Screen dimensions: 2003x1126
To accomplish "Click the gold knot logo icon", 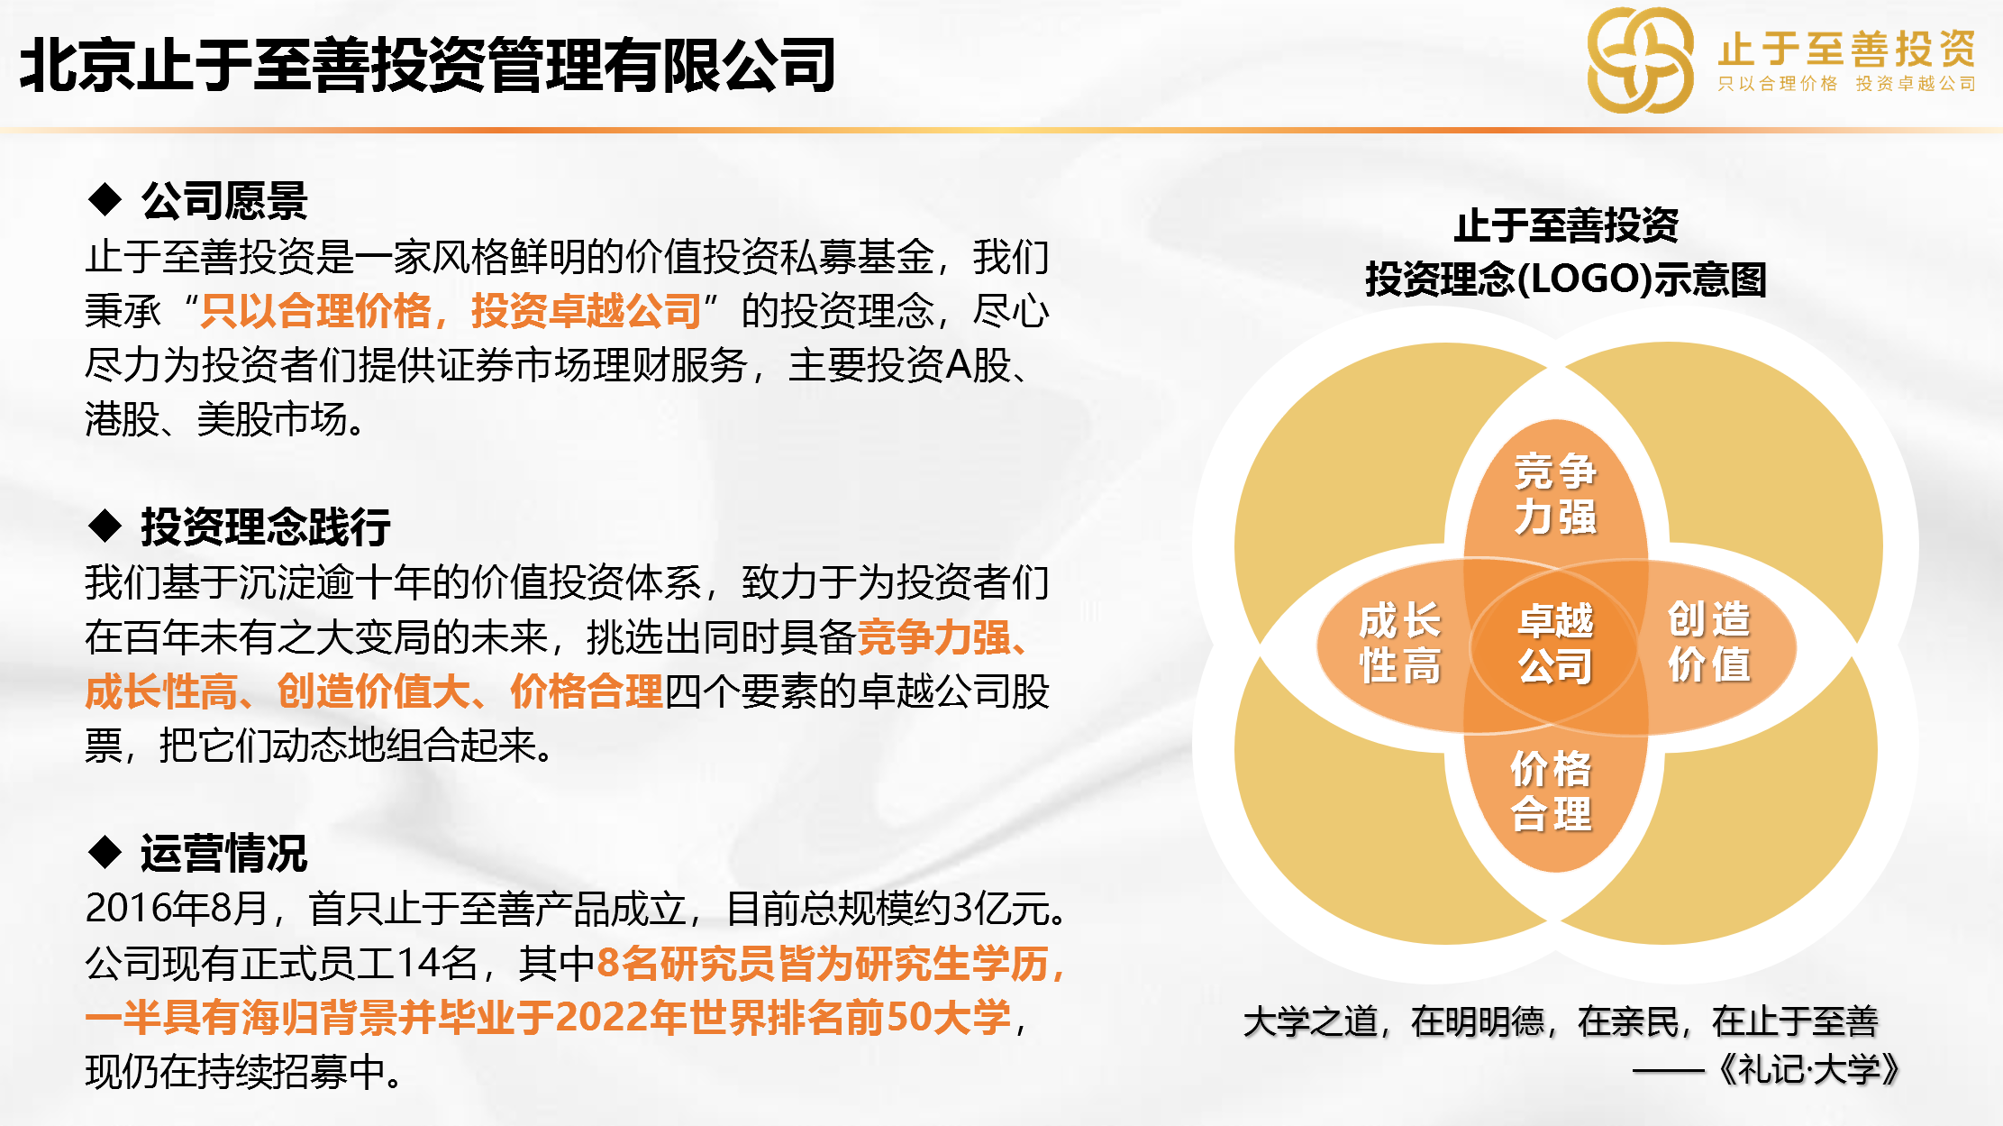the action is [1640, 60].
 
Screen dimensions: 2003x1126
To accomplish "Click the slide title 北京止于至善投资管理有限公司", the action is [428, 65].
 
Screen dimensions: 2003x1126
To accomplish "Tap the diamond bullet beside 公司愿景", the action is [105, 198].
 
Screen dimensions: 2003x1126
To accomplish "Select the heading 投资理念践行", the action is [266, 526].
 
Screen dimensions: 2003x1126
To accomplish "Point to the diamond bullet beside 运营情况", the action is [105, 851].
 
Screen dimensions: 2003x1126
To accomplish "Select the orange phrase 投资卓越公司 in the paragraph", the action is [587, 311].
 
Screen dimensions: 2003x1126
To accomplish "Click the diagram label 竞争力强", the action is [1555, 494].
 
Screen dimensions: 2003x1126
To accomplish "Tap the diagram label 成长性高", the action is [1399, 643].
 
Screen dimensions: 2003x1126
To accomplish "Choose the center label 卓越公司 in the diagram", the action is [1555, 644].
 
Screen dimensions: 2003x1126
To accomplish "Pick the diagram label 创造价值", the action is [1708, 642].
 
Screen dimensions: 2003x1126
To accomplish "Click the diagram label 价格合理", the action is [1551, 792].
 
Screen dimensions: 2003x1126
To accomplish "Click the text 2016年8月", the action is [177, 908].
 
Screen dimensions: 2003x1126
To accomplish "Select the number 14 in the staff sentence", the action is [417, 963].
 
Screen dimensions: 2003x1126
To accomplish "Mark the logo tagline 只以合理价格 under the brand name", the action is [1777, 84].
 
